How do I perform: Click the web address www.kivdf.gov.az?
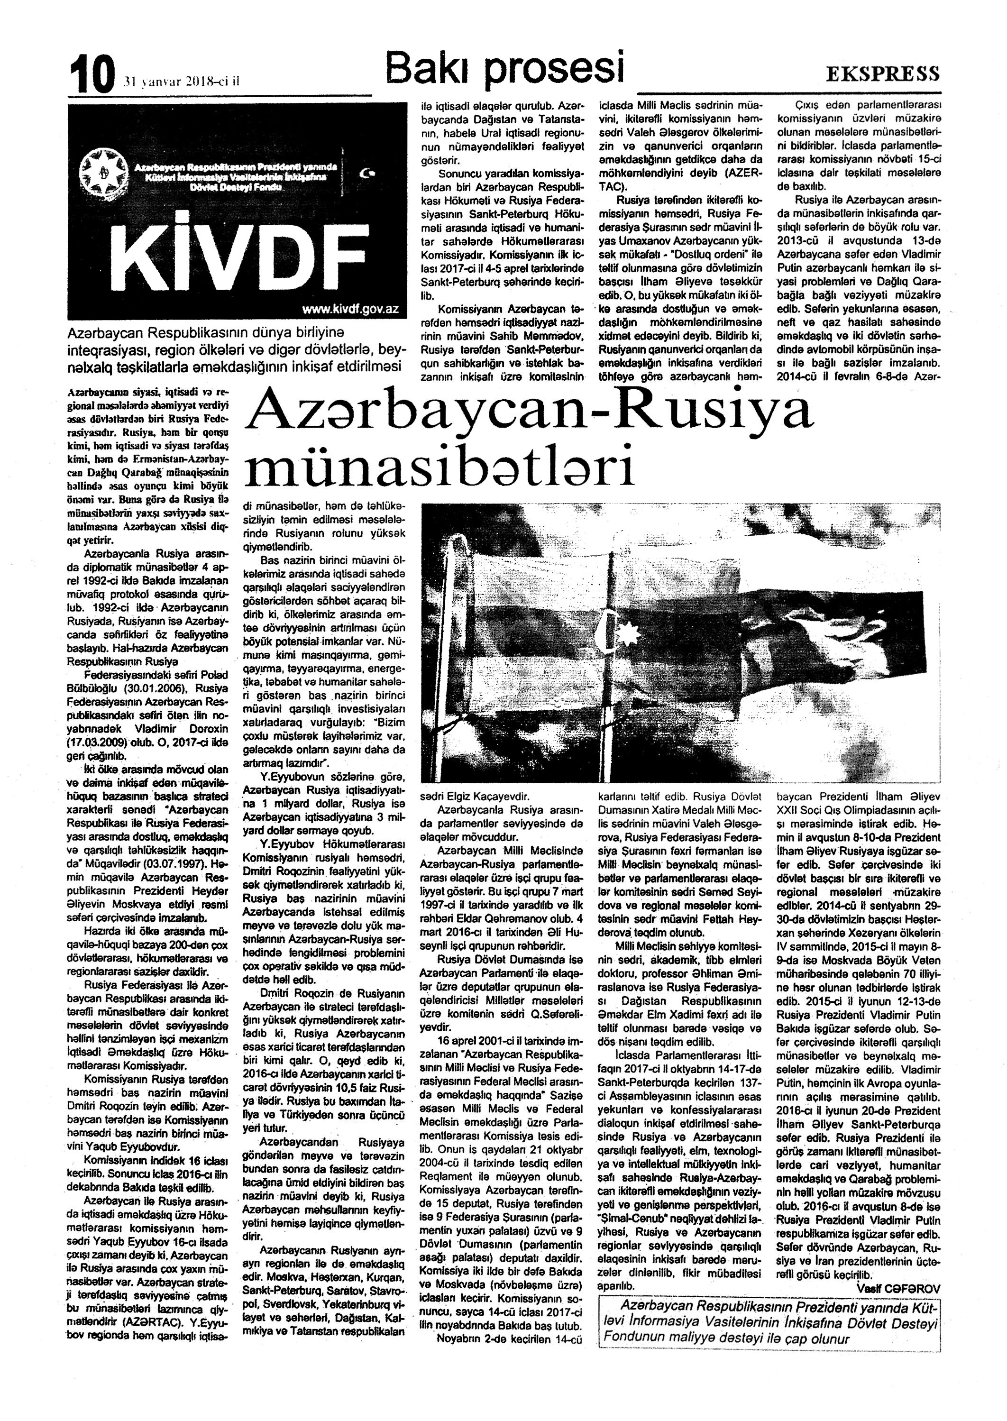coord(350,309)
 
